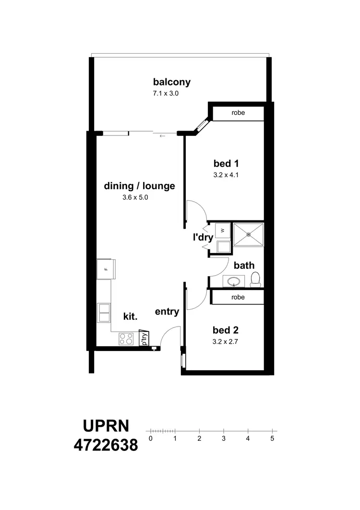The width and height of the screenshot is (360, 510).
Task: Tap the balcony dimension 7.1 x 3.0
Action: pyautogui.click(x=165, y=94)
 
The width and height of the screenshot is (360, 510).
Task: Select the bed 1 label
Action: pyautogui.click(x=226, y=163)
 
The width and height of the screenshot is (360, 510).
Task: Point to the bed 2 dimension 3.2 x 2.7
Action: pyautogui.click(x=226, y=342)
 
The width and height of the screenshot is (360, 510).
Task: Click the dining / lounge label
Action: pyautogui.click(x=139, y=186)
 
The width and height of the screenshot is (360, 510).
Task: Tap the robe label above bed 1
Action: pyautogui.click(x=238, y=113)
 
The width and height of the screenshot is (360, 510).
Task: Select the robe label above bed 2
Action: pyautogui.click(x=238, y=297)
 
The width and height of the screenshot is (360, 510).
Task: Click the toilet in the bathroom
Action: pyautogui.click(x=255, y=279)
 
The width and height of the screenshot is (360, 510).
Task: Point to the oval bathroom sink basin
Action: pyautogui.click(x=234, y=281)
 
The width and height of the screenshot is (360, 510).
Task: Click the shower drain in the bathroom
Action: pyautogui.click(x=248, y=234)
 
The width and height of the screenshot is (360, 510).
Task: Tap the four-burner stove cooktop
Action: pyautogui.click(x=127, y=339)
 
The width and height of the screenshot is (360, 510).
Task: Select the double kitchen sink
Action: pyautogui.click(x=104, y=312)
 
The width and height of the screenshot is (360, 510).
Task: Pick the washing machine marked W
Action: pyautogui.click(x=222, y=231)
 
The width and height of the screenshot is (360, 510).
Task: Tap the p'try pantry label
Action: pyautogui.click(x=144, y=339)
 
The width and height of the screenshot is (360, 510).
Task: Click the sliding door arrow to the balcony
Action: pyautogui.click(x=162, y=136)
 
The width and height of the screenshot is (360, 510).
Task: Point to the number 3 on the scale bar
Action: pyautogui.click(x=224, y=438)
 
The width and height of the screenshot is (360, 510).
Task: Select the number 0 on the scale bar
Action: pyautogui.click(x=151, y=438)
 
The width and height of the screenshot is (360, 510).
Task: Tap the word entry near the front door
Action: pyautogui.click(x=167, y=312)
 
